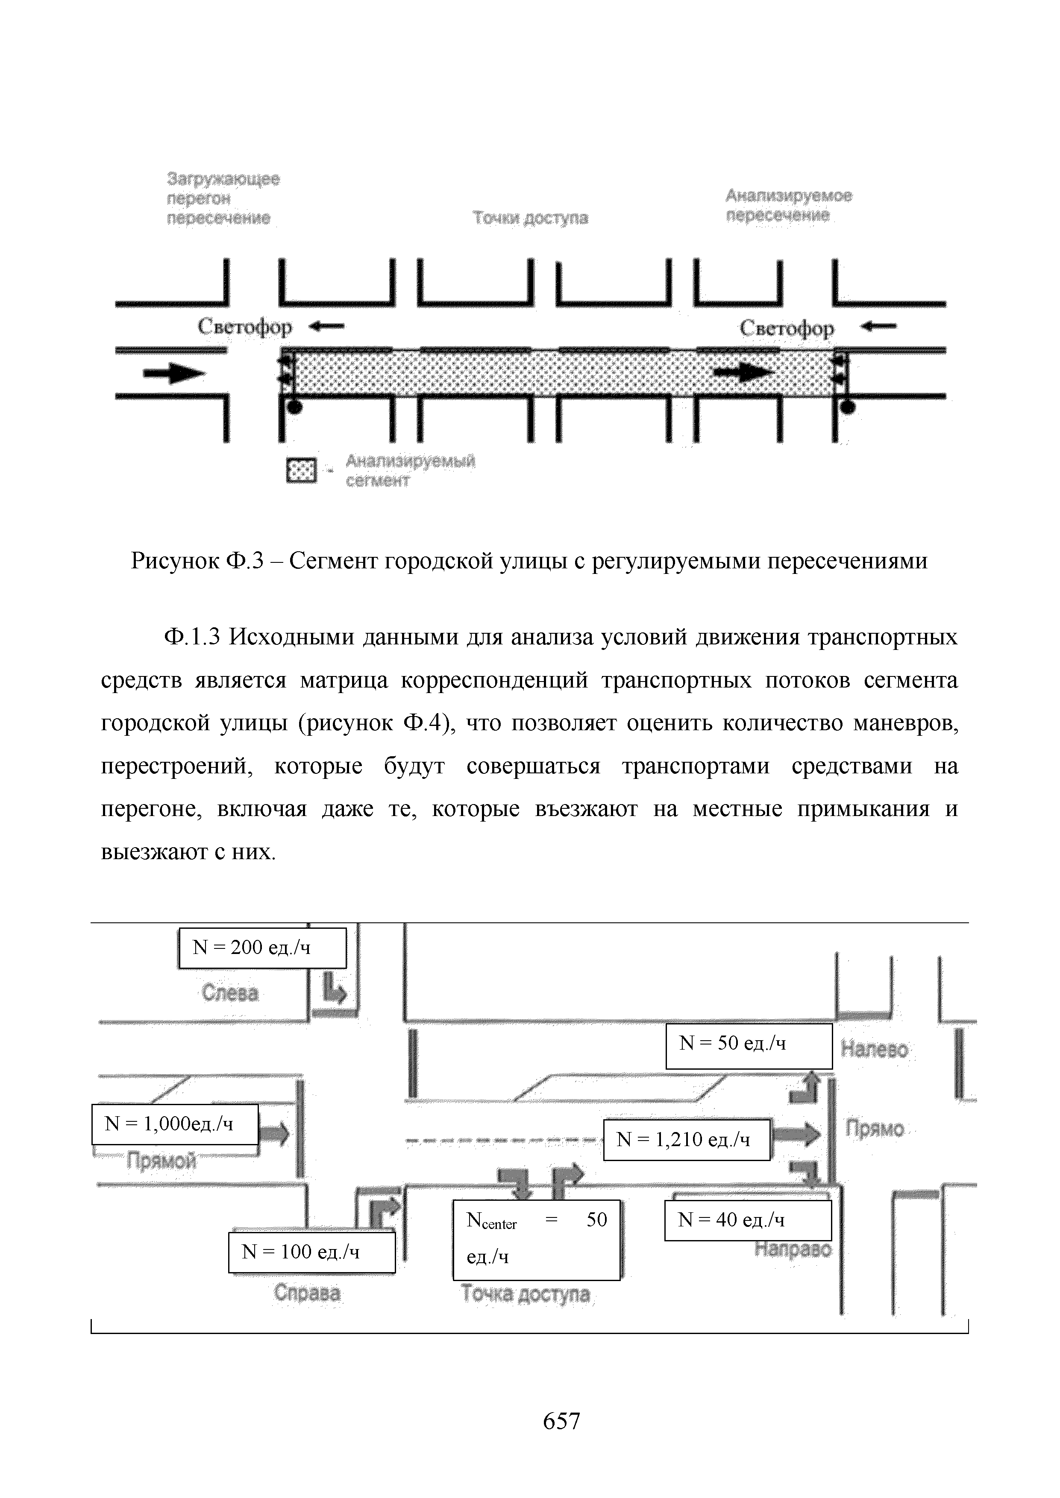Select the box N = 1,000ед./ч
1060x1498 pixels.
coord(175,1123)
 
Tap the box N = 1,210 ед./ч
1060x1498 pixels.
coord(686,1140)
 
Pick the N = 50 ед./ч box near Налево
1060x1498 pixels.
coord(749,1046)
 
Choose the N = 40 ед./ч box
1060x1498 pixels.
coord(747,1220)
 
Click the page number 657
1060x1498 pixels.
coord(561,1421)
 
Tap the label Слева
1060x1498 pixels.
coord(230,994)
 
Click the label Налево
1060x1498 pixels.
coord(874,1049)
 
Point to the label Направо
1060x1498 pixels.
coord(793,1249)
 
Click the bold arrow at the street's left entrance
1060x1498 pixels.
coord(173,374)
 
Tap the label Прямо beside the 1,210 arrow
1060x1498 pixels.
coord(875,1129)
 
